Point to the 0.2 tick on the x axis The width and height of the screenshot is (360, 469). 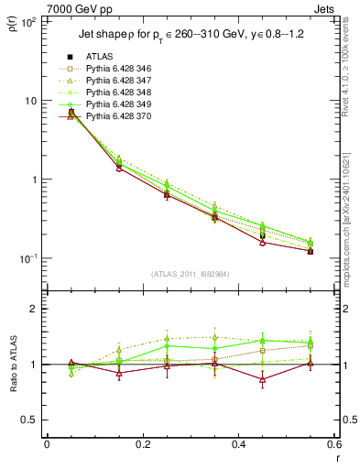pos(142,444)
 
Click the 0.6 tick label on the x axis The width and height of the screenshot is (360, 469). pos(333,444)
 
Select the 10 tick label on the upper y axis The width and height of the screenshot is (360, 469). pos(30,100)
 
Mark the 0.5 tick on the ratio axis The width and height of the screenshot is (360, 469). pos(29,420)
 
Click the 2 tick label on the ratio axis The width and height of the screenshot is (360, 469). pos(33,309)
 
